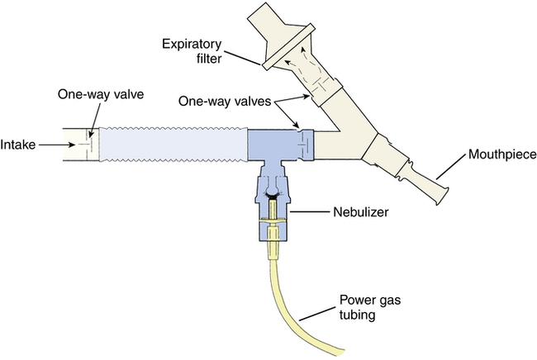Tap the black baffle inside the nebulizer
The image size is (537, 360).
click(x=273, y=197)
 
